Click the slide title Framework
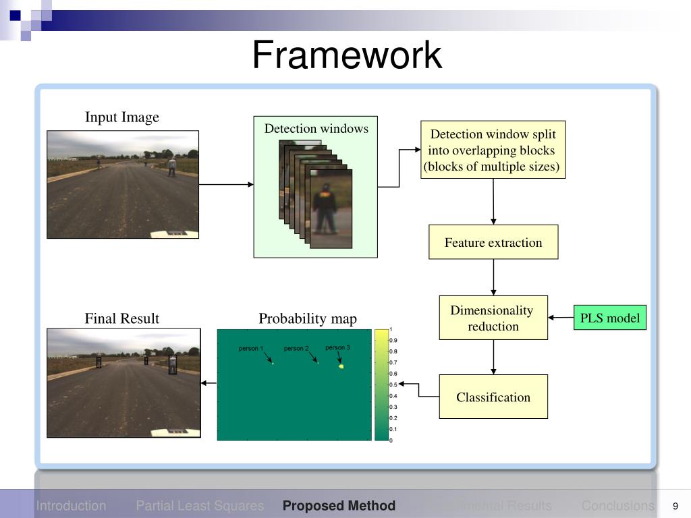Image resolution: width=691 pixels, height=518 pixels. [347, 55]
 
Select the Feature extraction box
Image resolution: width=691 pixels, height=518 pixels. [493, 242]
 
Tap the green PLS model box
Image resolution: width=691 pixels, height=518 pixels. [610, 318]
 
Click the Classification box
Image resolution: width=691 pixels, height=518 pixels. [493, 397]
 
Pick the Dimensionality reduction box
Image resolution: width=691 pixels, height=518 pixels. [493, 318]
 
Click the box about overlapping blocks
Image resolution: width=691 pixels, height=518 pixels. [493, 150]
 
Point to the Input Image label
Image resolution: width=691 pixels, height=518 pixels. [122, 117]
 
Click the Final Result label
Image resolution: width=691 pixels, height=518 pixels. [122, 318]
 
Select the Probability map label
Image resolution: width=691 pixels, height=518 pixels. [308, 318]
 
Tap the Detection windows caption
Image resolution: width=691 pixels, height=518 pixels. [316, 128]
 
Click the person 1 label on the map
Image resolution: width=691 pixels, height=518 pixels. [250, 349]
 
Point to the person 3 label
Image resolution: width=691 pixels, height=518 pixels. [337, 348]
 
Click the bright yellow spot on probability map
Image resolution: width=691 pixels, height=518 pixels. [341, 366]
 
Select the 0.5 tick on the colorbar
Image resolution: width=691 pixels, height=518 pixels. [393, 384]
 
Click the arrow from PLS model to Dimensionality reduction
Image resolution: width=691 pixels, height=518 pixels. [560, 318]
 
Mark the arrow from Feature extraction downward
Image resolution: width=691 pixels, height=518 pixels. [493, 277]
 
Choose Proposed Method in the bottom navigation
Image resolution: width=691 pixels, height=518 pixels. [339, 506]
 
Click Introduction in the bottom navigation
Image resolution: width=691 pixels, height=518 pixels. [71, 506]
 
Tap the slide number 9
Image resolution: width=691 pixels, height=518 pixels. [675, 507]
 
